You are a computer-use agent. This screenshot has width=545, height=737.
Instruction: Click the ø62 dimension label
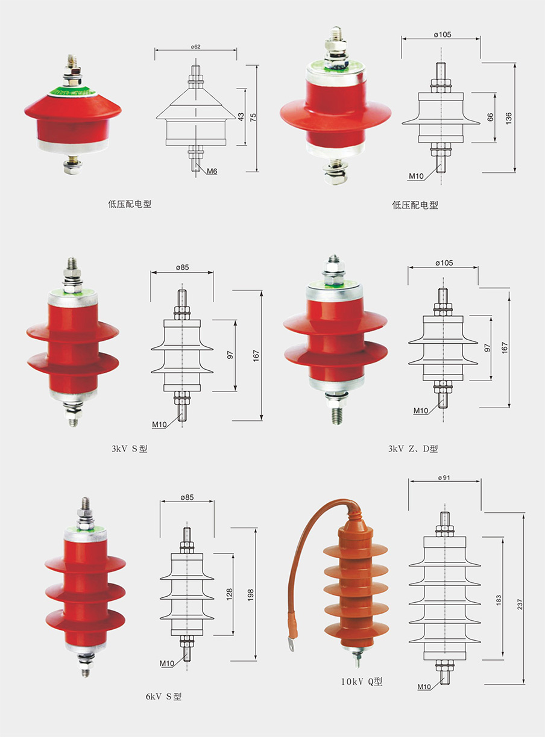(195, 46)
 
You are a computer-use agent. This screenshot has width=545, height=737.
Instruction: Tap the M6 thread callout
(212, 172)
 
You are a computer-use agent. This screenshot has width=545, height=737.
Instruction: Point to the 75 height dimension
(253, 118)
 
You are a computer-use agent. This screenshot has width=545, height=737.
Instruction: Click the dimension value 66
(490, 117)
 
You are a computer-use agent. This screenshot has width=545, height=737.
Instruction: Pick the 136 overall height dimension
(509, 118)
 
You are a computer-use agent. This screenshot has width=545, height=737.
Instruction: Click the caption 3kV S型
(129, 449)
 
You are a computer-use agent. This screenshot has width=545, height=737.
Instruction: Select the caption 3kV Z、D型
(414, 449)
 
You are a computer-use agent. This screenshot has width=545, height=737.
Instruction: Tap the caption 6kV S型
(163, 697)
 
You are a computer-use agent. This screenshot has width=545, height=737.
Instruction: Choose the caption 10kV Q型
(362, 682)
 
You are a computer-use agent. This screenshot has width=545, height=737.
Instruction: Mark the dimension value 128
(229, 595)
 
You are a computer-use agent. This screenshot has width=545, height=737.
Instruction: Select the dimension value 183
(499, 600)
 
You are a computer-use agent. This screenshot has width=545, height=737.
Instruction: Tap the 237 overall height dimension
(520, 602)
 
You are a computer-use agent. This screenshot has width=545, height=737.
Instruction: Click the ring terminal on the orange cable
(291, 645)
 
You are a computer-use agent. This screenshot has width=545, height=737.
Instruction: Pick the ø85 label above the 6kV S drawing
(187, 497)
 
